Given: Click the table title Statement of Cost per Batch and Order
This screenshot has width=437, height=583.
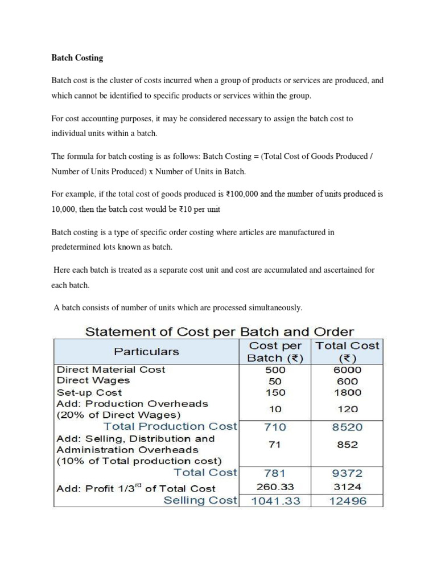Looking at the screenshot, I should (219, 331).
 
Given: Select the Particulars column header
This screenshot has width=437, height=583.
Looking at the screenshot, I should (146, 351).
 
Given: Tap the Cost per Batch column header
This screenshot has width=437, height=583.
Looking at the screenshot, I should (275, 351).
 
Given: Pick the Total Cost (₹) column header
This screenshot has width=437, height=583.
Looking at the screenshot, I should (347, 351).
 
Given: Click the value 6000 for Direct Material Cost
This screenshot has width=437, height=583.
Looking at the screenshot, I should (347, 369).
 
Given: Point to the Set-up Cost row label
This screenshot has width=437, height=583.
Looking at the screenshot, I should (89, 392).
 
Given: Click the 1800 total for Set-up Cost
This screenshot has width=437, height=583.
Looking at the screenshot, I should (347, 392).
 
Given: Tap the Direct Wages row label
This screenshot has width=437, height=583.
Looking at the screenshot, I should (93, 380).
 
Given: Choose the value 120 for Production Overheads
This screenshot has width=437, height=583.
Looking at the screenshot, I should (347, 409).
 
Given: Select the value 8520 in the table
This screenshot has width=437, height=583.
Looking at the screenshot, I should (347, 427).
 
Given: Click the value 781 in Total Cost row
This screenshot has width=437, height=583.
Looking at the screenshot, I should (275, 473).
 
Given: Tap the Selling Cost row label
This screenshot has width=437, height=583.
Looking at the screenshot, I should (200, 500).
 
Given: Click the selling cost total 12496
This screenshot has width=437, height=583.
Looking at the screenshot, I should (347, 501).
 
